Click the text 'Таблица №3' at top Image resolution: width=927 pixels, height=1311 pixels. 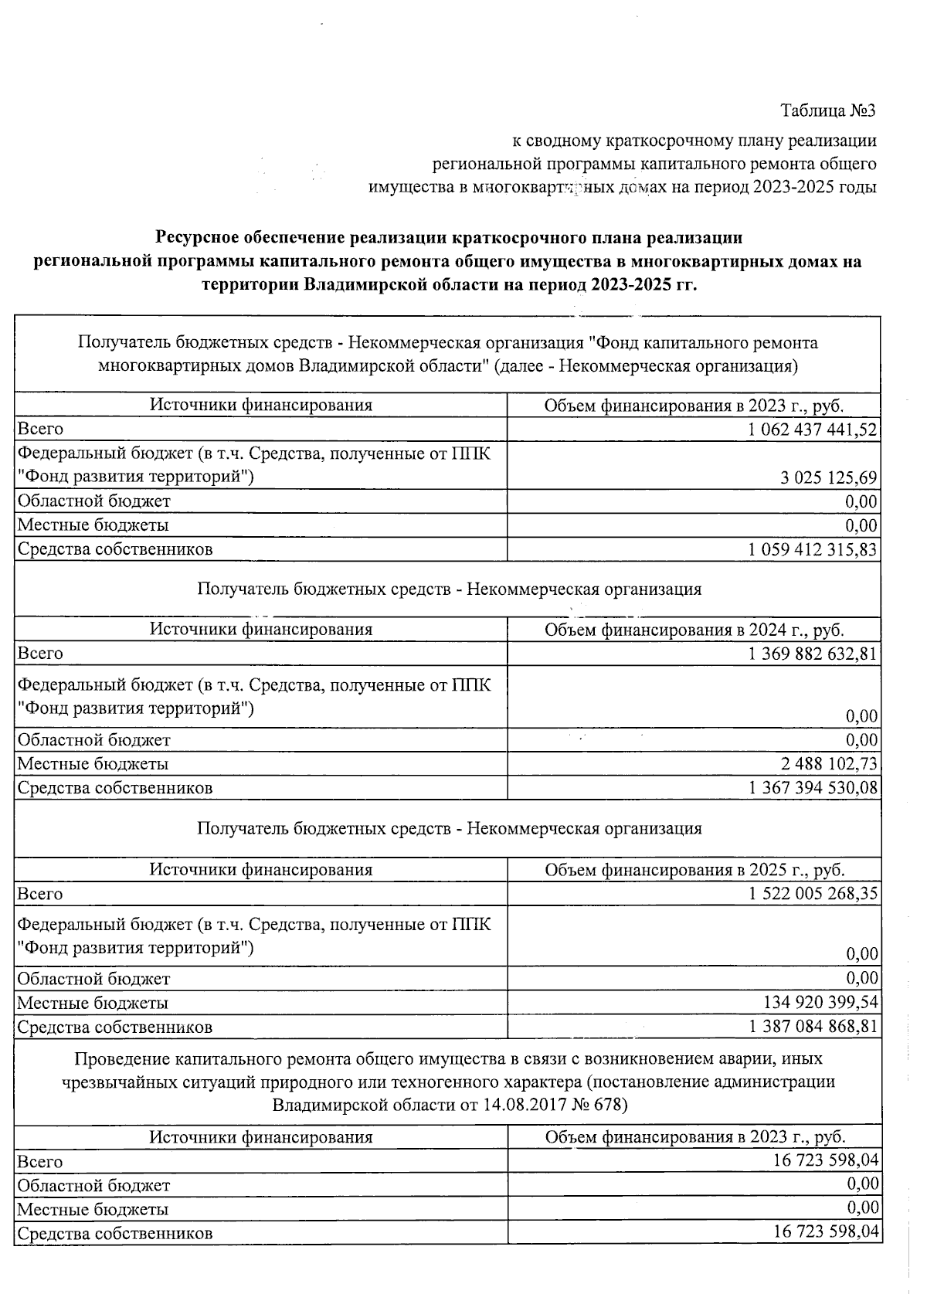pos(829,110)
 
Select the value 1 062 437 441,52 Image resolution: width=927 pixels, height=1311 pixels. pos(813,429)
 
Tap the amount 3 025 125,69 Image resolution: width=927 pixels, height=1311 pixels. pos(829,478)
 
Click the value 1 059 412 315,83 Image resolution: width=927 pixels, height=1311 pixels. pos(813,549)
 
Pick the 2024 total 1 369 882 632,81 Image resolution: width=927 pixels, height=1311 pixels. pos(813,654)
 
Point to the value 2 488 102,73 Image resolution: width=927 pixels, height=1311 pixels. pos(829,764)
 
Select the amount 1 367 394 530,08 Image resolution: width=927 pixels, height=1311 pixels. pos(813,788)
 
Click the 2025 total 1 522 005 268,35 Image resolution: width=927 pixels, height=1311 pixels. pos(813,894)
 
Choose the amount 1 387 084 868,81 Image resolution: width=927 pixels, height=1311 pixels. pos(813,1027)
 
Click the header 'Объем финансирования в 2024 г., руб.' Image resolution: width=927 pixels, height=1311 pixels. pos(694,630)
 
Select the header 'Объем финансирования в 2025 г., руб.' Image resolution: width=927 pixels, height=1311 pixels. pos(694,870)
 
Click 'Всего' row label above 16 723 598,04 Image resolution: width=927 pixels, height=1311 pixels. pos(40,1161)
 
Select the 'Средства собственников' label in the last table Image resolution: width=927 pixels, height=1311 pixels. pos(114,1233)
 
